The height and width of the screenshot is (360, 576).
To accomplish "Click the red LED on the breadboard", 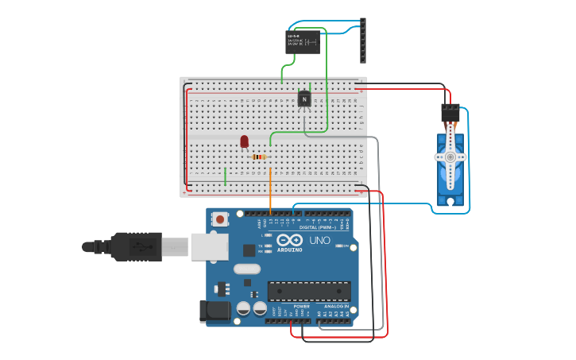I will coord(245,141).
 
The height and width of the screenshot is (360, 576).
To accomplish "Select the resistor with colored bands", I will coord(259,157).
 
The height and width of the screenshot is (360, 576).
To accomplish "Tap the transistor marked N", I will coord(303,99).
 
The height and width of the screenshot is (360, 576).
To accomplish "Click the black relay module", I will coord(303,41).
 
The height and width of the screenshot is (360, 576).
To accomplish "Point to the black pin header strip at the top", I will coord(363,41).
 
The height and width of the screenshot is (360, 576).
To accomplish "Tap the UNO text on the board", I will coord(319,240).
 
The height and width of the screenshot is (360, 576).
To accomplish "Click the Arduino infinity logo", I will coord(290,239).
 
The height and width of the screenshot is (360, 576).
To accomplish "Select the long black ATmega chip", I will coord(308,291).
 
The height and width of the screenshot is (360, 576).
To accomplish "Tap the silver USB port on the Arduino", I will coord(209,246).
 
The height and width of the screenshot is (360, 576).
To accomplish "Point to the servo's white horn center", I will coord(450,157).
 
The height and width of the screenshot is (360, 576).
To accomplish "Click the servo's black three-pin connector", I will coord(450,113).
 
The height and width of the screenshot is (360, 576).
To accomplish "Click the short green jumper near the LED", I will coord(226,176).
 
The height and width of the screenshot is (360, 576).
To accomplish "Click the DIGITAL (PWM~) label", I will coord(318,227).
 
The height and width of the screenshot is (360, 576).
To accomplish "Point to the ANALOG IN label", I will coord(336,306).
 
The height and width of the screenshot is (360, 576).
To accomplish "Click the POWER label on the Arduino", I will coord(302,306).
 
